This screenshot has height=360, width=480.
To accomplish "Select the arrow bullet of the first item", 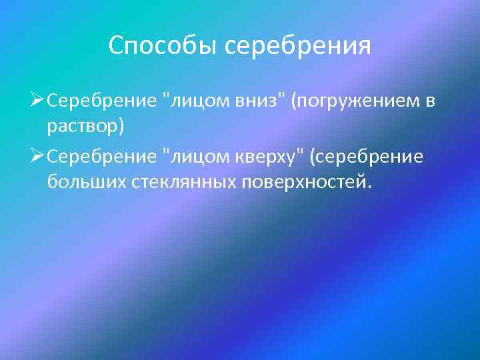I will (37, 101).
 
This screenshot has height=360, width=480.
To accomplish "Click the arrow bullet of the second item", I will (37, 155).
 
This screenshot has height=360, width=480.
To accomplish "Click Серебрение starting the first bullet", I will (103, 103).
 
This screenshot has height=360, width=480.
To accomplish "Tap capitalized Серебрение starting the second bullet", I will (103, 157).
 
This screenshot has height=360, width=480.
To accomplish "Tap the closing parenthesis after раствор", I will (121, 127).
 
